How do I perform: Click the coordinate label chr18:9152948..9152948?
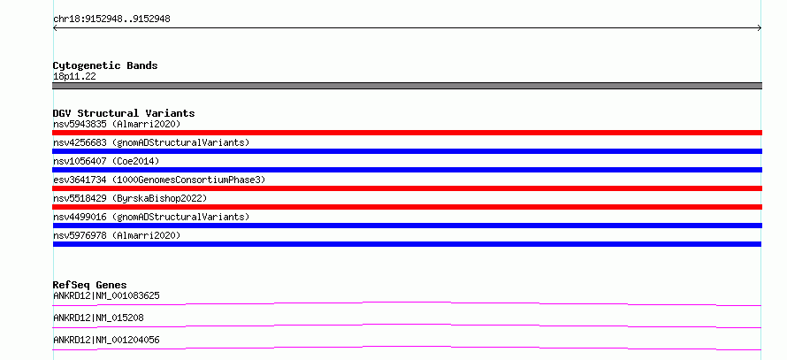[x=111, y=19]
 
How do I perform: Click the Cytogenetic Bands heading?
[x=105, y=65]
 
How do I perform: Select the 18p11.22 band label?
[x=74, y=77]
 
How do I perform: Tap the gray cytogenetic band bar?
[x=407, y=86]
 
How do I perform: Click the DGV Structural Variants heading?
[x=124, y=113]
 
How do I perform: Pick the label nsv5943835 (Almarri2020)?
[x=117, y=124]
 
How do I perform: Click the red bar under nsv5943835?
[x=407, y=133]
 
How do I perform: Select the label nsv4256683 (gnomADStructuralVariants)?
[x=151, y=142]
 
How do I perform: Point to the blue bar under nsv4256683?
[x=407, y=151]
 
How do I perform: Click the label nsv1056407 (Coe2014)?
[x=106, y=161]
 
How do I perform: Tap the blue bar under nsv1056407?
[x=407, y=170]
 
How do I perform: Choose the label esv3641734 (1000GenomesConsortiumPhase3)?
[x=159, y=180]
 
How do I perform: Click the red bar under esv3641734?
[x=407, y=188]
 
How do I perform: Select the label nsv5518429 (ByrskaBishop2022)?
[x=130, y=198]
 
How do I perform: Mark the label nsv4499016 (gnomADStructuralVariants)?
[x=151, y=217]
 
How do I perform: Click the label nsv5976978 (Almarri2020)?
[x=117, y=235]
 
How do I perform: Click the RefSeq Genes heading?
[x=90, y=285]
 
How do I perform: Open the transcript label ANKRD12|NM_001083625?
[x=106, y=295]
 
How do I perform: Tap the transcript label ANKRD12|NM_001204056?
[x=106, y=340]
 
